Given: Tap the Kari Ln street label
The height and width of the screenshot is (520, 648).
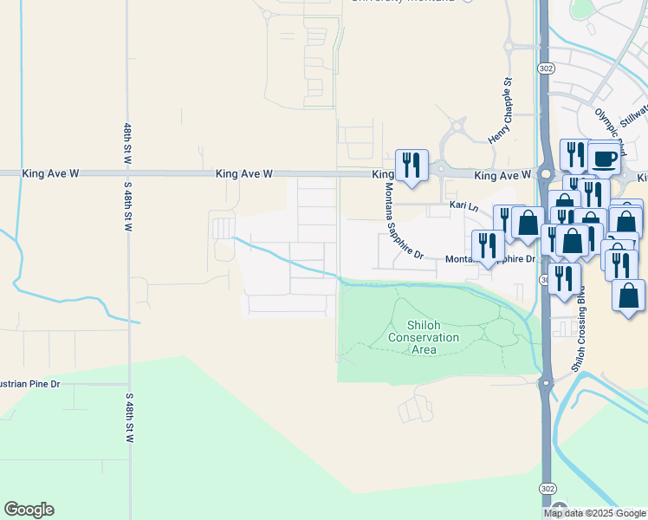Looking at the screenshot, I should coord(463,206).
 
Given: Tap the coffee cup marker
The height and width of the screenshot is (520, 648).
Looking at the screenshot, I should coord(604,159).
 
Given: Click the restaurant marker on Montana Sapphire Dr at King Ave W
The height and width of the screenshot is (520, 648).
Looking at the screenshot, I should coord(411,165).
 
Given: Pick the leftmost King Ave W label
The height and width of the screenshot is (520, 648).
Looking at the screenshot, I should coord(51,174).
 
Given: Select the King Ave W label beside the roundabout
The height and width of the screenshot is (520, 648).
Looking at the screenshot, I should coord(502,176).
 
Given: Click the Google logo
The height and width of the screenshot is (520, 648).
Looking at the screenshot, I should coord(29,510).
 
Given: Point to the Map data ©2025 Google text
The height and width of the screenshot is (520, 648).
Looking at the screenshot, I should coord(595,513).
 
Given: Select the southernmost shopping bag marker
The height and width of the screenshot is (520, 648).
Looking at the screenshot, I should coord(627,295).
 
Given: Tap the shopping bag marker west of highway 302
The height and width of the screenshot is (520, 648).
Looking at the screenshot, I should coord(527,221).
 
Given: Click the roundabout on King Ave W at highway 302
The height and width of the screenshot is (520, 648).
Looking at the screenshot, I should coord(547,173).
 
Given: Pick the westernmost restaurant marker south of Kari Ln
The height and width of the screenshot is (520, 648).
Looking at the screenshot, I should coord(487,245).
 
